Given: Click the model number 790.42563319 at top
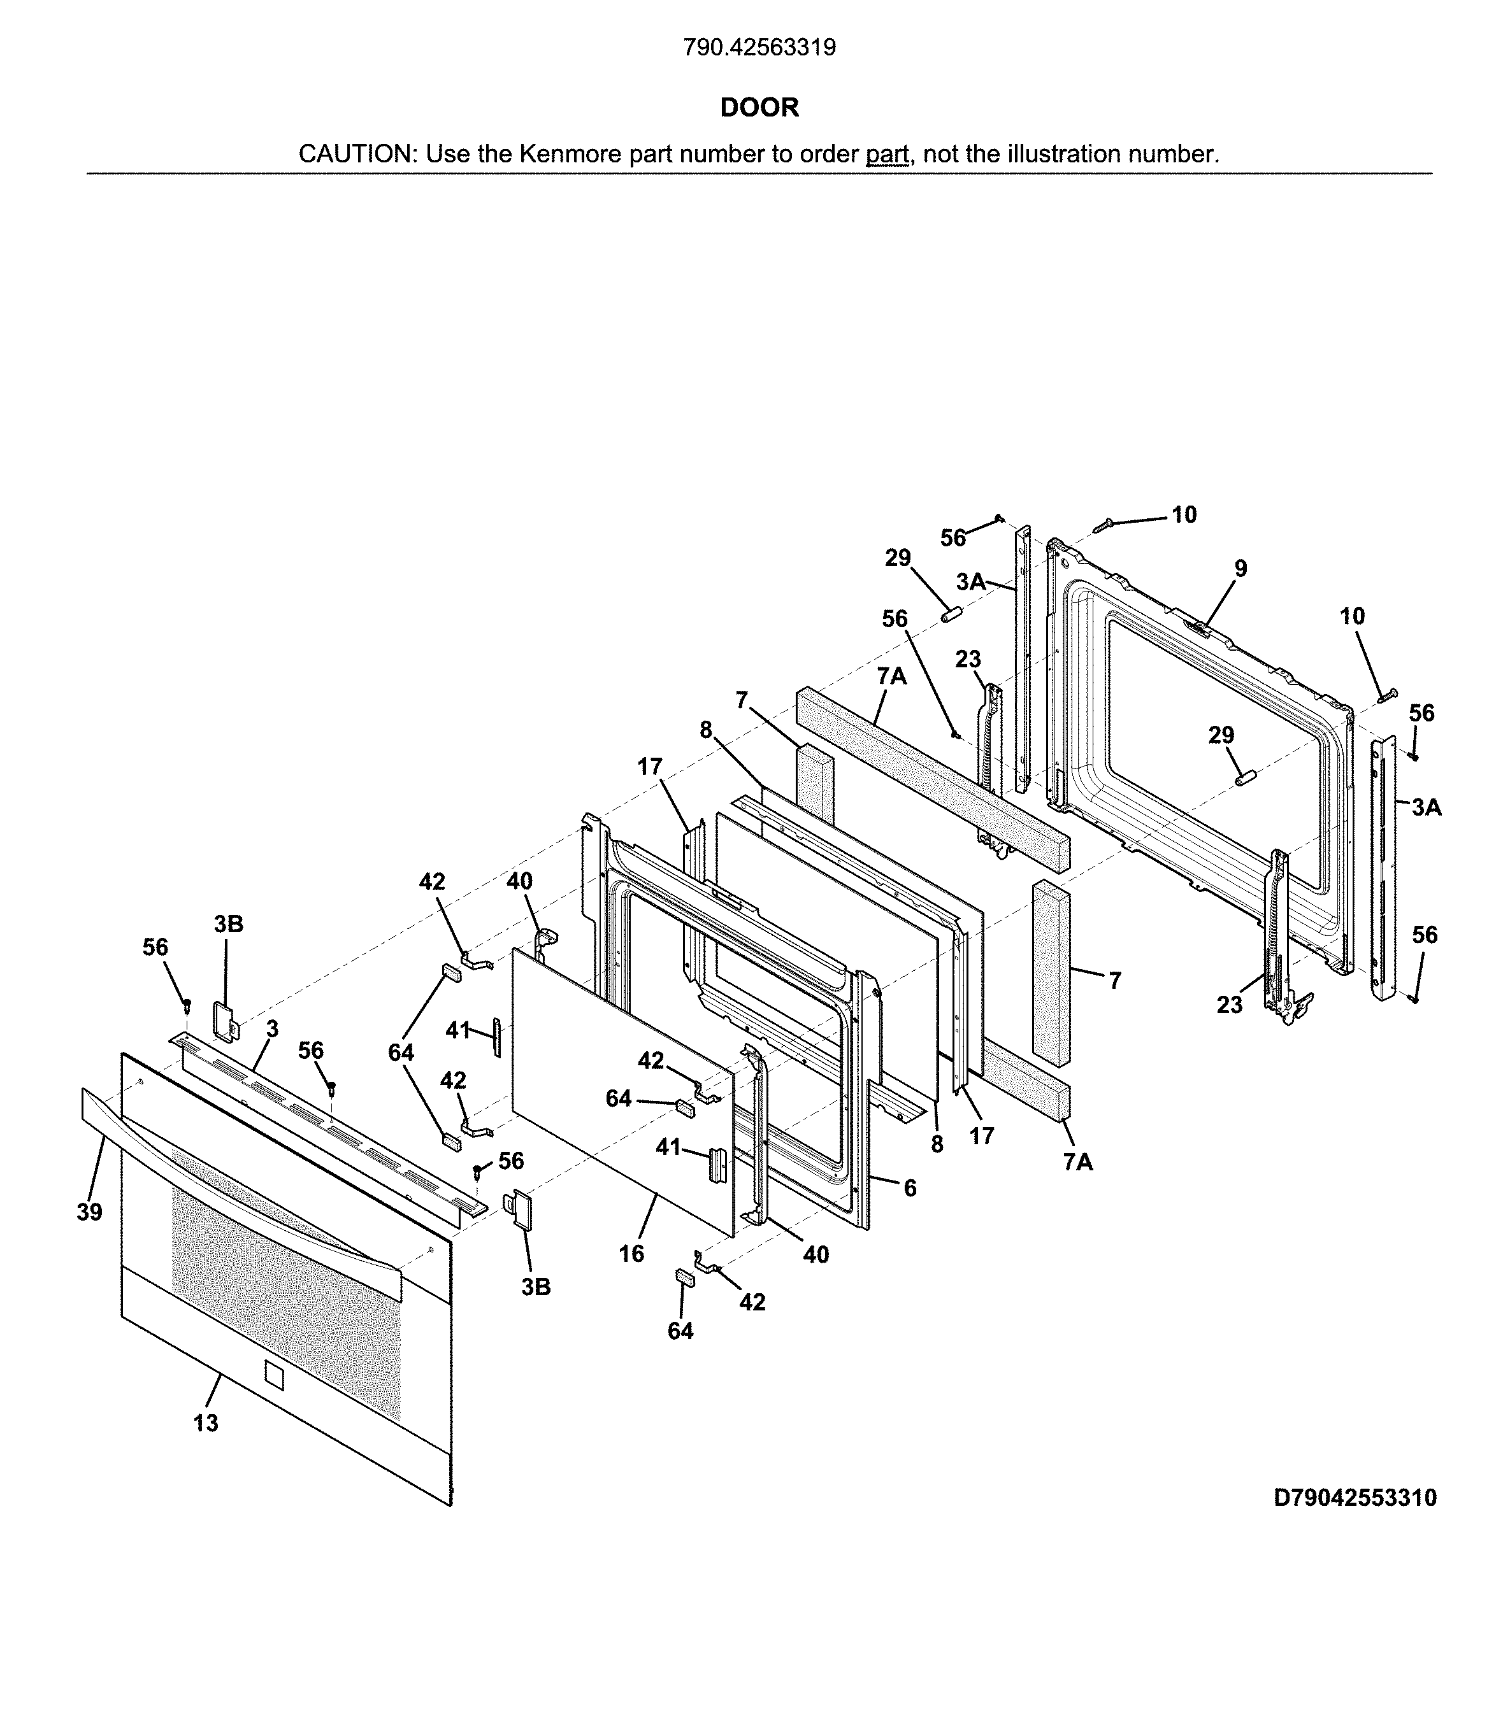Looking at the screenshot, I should coord(759,48).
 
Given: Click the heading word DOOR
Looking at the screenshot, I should coord(759,108).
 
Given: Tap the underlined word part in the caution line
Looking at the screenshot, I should coord(887,155).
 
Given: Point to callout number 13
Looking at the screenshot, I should coord(206,1423).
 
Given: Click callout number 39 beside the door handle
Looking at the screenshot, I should coord(89,1212).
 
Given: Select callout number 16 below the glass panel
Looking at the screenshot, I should coord(631,1254).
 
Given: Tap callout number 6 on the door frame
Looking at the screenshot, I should coord(910,1188).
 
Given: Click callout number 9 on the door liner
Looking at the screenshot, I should coord(1240,569).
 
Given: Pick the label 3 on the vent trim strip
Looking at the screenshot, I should coord(272,1028).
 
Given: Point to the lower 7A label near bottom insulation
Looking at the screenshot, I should coord(1077,1162).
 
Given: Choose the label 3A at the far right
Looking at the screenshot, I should coord(1426,807).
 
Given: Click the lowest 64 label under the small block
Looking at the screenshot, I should coord(680,1331).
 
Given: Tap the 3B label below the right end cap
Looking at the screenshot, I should coord(536,1287).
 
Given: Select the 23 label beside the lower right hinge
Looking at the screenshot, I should coord(1230,1004).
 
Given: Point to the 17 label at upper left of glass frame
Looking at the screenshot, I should coord(649,767).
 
